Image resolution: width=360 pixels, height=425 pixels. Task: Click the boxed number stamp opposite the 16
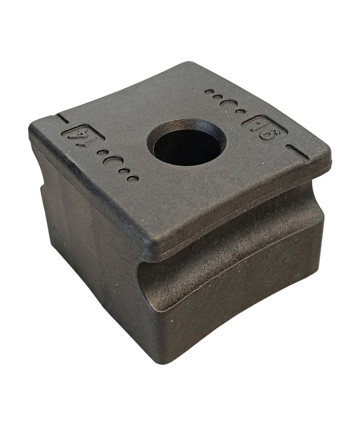[x=79, y=137]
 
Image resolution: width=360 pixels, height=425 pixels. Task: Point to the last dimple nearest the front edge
[x=133, y=179]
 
